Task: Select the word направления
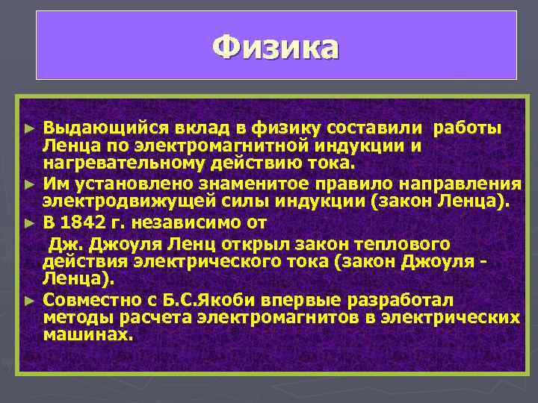pyautogui.click(x=463, y=183)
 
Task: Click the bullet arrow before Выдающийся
pyautogui.click(x=29, y=128)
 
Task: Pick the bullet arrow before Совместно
pyautogui.click(x=29, y=301)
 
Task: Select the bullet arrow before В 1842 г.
pyautogui.click(x=29, y=222)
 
